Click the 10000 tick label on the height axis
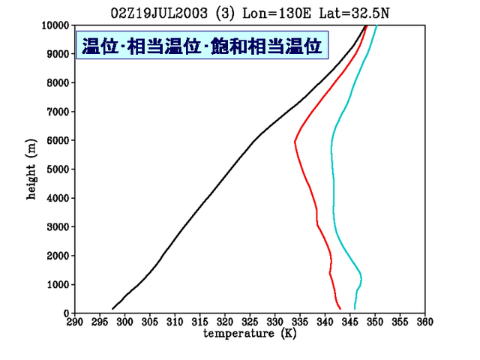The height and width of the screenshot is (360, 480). tap(55, 25)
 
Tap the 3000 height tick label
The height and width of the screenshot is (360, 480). tap(58, 226)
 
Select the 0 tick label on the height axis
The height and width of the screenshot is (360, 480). tap(67, 313)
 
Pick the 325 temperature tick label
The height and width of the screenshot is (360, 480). tap(250, 322)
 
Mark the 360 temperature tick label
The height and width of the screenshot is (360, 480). tap(425, 322)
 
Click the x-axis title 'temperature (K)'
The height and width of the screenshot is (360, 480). tap(250, 333)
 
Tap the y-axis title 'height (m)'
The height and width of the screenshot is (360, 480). tap(31, 169)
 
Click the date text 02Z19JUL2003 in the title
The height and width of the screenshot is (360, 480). tap(159, 13)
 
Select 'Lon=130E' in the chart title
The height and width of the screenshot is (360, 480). tap(277, 13)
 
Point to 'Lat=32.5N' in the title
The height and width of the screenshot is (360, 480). tap(354, 13)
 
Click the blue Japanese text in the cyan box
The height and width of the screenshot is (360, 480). tap(202, 46)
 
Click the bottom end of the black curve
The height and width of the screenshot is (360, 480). tap(112, 308)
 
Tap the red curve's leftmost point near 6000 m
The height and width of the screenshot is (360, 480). tap(295, 142)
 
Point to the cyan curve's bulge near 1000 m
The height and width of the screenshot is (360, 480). tap(361, 278)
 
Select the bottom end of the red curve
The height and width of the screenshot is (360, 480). tap(340, 309)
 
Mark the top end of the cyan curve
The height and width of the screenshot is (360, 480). tap(376, 25)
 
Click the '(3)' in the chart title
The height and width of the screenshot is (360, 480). tap(225, 13)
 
